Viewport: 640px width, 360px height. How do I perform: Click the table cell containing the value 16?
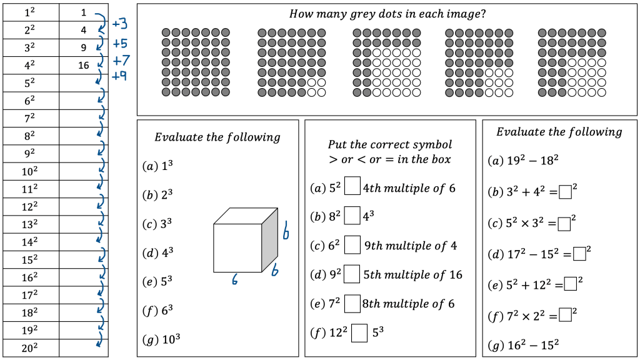84,65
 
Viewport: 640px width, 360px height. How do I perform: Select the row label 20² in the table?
30,348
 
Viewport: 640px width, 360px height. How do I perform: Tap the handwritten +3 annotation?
119,24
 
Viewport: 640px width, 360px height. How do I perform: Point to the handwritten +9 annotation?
119,76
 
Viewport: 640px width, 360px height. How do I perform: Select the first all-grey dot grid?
196,62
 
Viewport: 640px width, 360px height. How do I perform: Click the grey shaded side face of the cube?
269,241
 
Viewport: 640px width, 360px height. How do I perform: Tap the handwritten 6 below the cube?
235,281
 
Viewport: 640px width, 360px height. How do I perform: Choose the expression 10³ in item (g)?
171,339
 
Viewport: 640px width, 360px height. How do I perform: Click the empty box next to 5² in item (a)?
352,187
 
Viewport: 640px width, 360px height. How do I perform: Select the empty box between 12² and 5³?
359,332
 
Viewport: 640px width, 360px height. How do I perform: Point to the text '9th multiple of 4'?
410,246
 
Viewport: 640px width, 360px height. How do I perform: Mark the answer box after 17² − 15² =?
579,254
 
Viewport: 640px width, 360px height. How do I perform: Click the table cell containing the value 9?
84,47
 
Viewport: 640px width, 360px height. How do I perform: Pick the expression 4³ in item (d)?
166,252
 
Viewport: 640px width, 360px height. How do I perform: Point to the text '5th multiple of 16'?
413,274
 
